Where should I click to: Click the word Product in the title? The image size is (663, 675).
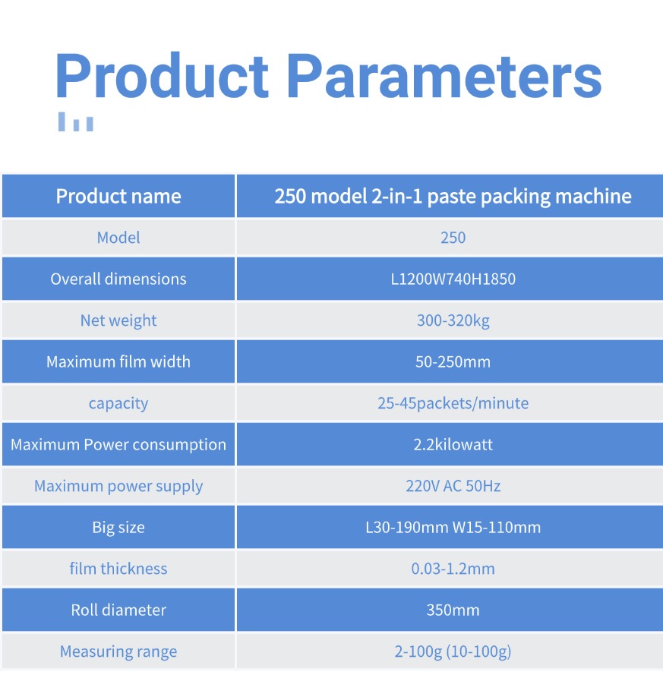pos(162,76)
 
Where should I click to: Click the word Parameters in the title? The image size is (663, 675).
pos(444,77)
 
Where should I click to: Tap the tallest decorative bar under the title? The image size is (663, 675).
pos(62,121)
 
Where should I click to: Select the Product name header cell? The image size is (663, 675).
pos(118,197)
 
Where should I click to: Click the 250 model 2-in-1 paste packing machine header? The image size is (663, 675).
pos(453,197)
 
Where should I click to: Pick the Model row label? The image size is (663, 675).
pos(118,238)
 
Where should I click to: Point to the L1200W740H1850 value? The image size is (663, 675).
pos(453,279)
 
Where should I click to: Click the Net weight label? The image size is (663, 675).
pos(118,320)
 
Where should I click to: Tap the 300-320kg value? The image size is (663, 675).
pos(453,320)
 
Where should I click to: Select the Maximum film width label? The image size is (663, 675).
pos(118,361)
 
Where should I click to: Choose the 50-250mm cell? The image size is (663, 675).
pos(453,361)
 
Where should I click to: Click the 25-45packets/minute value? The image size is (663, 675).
pos(453,403)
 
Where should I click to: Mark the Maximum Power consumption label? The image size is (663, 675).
pos(118,445)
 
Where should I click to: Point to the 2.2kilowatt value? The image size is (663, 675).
pos(453,444)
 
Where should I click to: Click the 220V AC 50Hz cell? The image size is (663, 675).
pos(453,486)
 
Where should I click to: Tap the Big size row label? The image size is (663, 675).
pos(118,528)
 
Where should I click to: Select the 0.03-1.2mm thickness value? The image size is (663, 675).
pos(453,569)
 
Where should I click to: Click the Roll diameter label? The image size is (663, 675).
pos(118,610)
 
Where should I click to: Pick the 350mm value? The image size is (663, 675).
pos(453,610)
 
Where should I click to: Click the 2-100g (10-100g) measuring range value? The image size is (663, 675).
pos(453,651)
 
